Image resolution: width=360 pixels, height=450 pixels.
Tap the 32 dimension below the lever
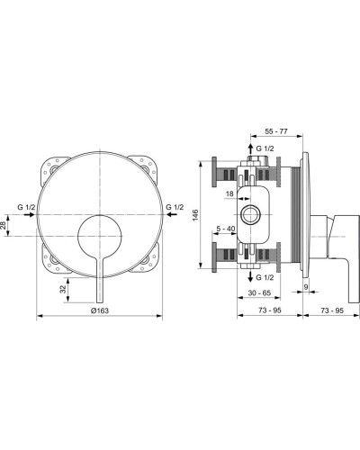(65, 290)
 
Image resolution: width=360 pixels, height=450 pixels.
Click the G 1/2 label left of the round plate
(25, 209)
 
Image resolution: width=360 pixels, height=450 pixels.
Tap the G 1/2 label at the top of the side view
(266, 147)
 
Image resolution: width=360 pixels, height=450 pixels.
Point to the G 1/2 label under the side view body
(266, 254)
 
